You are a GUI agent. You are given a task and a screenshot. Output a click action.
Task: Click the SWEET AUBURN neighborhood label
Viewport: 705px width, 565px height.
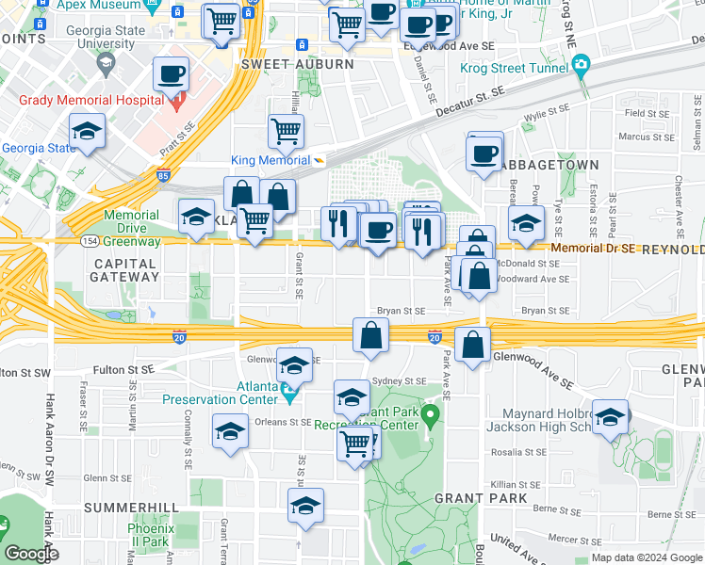[x=297, y=64]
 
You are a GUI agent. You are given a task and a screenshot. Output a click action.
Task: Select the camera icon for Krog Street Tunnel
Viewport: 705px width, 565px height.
[x=581, y=63]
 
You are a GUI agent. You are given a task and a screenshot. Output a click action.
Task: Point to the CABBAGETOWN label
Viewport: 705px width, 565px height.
[x=550, y=165]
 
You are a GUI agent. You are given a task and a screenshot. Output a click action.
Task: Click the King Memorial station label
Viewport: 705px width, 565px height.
[x=270, y=160]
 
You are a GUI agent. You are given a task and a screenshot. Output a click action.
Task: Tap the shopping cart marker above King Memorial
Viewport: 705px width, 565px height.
[x=286, y=131]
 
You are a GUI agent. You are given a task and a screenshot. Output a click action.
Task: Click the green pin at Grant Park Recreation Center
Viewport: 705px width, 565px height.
[x=432, y=413]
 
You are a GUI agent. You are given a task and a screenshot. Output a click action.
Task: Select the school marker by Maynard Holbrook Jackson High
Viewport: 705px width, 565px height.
[x=610, y=416]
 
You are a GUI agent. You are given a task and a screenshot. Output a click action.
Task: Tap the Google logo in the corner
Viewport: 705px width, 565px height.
[x=31, y=555]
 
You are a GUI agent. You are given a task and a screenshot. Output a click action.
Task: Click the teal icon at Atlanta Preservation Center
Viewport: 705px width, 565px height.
[x=288, y=388]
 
